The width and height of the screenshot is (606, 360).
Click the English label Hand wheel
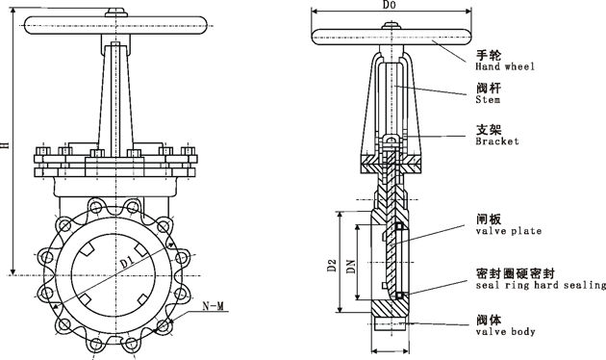[505, 66]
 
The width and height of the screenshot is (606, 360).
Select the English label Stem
[488, 100]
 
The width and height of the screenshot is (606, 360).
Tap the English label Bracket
[497, 141]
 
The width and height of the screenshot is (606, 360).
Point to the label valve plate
[508, 231]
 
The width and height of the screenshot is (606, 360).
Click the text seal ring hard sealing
[541, 285]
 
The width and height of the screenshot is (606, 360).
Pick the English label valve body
[505, 331]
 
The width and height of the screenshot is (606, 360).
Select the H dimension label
[5, 144]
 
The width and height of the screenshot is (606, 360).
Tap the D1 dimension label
[127, 263]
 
